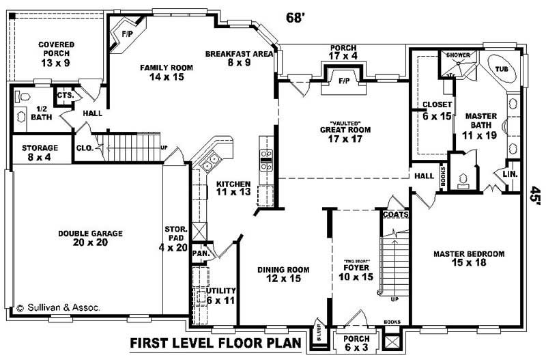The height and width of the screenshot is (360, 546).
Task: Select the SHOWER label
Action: [457, 54]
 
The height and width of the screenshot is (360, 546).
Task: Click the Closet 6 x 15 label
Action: [437, 110]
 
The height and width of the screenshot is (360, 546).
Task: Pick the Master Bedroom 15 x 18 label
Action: [469, 258]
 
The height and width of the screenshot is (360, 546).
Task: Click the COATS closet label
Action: [395, 214]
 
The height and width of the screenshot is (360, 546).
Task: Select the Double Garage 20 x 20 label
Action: [90, 238]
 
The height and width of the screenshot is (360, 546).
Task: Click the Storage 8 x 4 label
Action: [39, 152]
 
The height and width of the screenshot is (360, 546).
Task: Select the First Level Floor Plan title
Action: [215, 342]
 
